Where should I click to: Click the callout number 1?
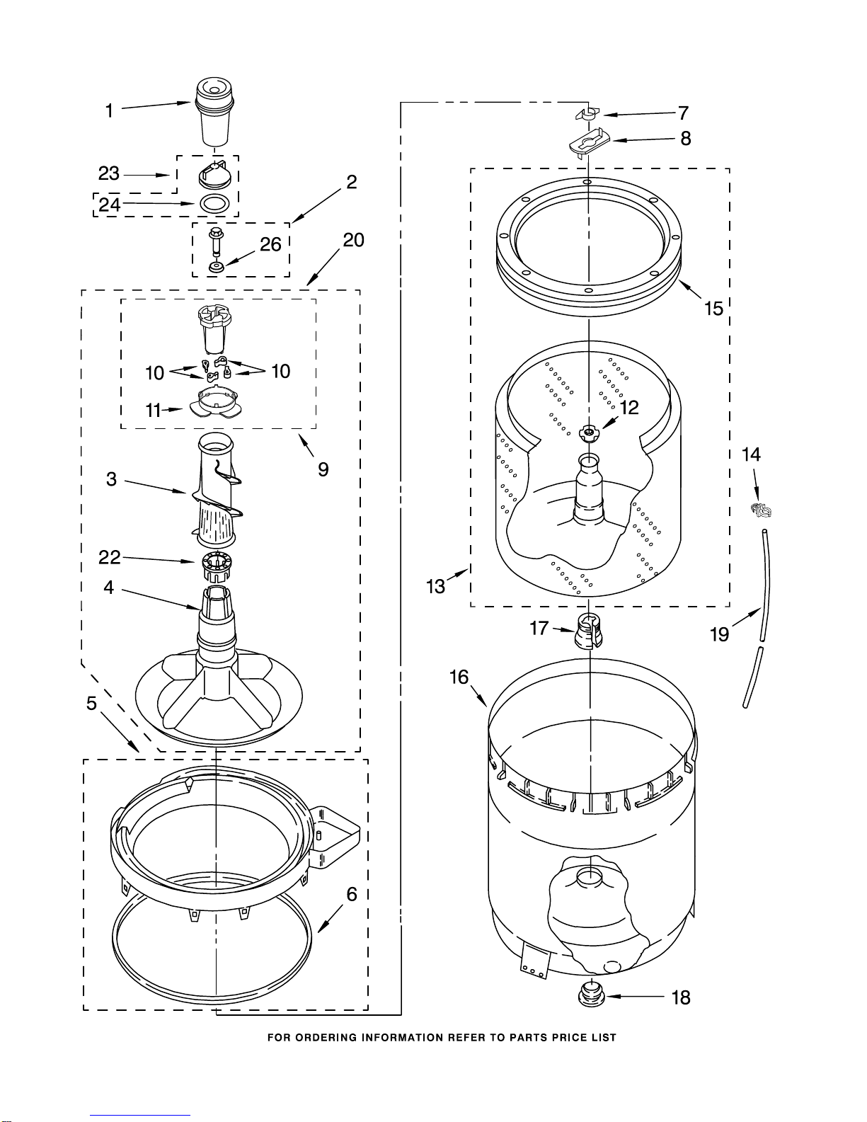coord(109,110)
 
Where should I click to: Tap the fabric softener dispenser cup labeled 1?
coord(214,112)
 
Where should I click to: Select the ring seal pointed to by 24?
coord(214,204)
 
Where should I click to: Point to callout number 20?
coord(353,240)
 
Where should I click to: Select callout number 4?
coord(108,587)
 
